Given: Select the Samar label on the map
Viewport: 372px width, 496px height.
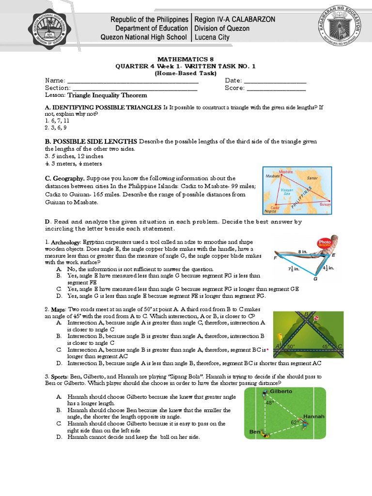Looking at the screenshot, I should (x=312, y=178).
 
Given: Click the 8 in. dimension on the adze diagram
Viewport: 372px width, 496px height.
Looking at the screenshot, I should (x=303, y=252).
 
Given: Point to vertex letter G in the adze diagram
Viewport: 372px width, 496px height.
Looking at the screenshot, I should (x=315, y=279).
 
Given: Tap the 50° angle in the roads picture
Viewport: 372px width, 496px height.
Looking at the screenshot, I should (x=290, y=347).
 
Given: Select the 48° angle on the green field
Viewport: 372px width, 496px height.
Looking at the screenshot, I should (x=270, y=402).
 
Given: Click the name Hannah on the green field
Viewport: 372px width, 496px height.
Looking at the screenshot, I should (x=313, y=416).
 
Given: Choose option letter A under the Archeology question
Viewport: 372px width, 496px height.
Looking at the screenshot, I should (x=59, y=269).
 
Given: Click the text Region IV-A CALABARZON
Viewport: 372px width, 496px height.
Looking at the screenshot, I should (x=234, y=19).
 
